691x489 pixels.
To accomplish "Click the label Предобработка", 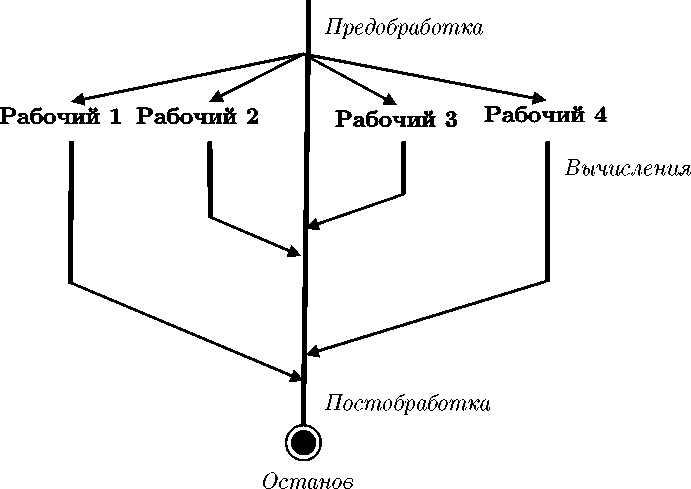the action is tap(404, 28).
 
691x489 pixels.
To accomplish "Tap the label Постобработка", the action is tap(408, 404).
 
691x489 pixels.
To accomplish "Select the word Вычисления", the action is tap(627, 167).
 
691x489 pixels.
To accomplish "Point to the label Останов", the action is tap(308, 481).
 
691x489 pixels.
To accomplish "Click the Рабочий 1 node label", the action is tap(62, 117).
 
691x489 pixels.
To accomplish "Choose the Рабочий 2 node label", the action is tap(197, 117).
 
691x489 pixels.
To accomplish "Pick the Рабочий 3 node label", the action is tap(396, 121).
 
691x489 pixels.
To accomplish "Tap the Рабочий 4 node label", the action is tap(545, 115).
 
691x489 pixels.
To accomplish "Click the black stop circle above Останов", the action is tap(303, 441).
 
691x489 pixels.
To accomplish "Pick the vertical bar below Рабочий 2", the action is tap(209, 179).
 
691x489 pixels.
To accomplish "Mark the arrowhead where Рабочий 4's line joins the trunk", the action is tap(313, 351).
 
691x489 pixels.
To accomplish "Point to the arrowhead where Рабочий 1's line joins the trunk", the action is tap(296, 377).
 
